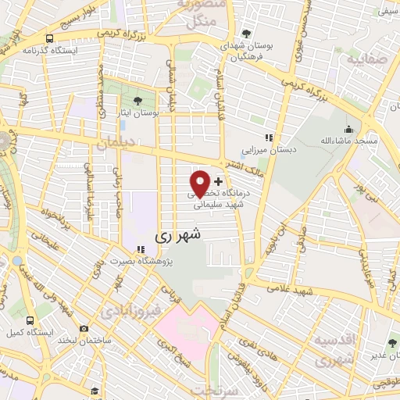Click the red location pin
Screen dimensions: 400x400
(x=201, y=183)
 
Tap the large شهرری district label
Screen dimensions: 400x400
(x=178, y=234)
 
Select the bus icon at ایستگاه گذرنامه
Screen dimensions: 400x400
(x=50, y=37)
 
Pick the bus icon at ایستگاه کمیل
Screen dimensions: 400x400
(x=30, y=320)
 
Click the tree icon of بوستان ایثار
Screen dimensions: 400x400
(x=138, y=100)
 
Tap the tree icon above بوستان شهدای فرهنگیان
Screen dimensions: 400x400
(x=247, y=34)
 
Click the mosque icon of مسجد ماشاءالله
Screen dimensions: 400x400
(x=348, y=130)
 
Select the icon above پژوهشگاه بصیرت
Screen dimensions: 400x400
(x=141, y=249)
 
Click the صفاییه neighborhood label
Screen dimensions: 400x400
(x=366, y=59)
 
